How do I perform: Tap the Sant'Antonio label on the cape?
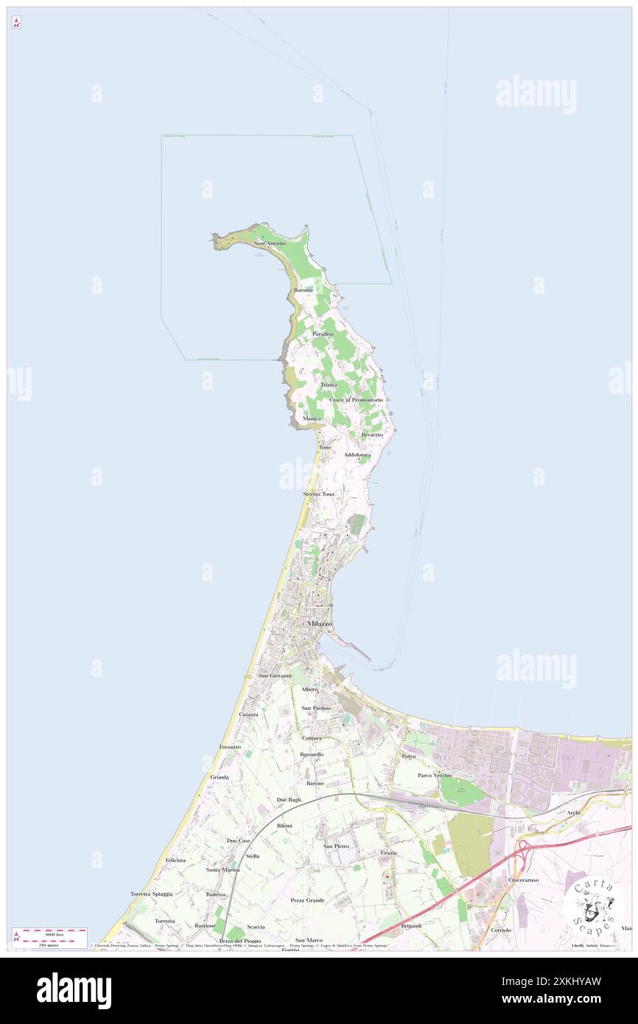270,243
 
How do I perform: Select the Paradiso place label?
322,334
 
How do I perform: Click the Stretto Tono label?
318,494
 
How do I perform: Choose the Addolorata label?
357,455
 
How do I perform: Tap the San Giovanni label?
275,676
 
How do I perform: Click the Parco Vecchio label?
435,775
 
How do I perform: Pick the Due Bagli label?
288,799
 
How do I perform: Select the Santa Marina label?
222,870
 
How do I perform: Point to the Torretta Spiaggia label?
151,894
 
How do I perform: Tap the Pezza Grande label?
307,900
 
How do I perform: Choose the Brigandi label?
411,925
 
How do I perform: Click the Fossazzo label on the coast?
230,746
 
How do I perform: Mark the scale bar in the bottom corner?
49,937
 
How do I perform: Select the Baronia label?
304,290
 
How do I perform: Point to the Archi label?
574,812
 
